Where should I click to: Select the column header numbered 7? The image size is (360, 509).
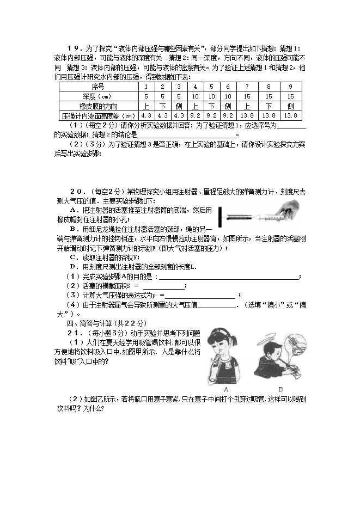tap(247, 87)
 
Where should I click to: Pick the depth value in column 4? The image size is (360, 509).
tap(196, 96)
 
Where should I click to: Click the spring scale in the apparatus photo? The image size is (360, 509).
tap(240, 216)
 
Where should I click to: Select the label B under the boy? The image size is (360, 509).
tap(280, 389)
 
